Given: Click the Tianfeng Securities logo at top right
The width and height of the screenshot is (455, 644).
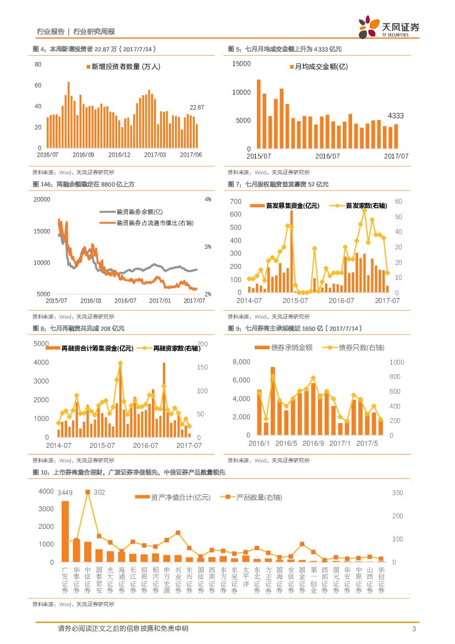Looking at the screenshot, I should pos(388,28).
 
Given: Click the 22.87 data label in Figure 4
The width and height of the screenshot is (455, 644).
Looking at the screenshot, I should pos(196,107).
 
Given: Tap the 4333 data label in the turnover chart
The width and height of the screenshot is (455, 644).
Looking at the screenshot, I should pos(396,116).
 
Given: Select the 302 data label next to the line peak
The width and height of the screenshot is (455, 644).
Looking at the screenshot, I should pos(99,492).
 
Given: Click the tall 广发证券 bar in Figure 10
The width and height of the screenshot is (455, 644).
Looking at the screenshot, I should pos(65,531).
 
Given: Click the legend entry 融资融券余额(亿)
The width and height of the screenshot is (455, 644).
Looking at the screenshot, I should pos(140,212).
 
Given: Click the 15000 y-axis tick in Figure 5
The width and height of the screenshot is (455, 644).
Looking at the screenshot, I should pos(242,64).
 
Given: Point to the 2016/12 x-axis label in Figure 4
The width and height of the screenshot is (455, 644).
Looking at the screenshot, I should pos(119,155).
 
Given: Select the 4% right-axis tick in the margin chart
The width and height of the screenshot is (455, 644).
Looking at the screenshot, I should pos(208,199).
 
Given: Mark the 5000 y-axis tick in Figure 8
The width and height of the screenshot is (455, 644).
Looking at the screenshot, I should pos(42,344).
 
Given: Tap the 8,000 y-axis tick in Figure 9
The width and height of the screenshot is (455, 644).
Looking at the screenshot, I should pos(242,362).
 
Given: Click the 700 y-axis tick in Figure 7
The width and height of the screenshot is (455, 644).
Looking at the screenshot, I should pos(235,201).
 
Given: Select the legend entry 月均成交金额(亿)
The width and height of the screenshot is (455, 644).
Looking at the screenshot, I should pos(321,67).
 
